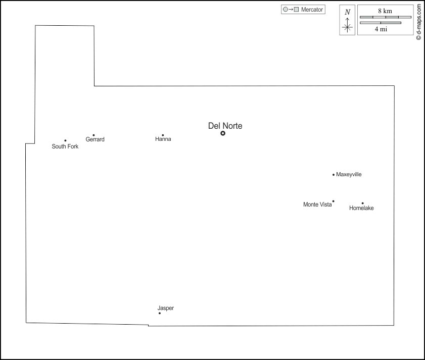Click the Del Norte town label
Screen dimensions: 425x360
[225, 126]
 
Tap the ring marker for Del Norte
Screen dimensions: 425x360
[223, 133]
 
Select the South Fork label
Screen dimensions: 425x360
[65, 146]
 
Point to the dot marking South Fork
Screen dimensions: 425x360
[65, 140]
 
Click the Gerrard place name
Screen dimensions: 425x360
[95, 139]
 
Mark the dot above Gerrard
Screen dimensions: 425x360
[94, 135]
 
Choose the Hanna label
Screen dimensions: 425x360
[163, 139]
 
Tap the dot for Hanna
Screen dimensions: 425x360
[163, 135]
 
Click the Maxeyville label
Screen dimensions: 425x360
[349, 175]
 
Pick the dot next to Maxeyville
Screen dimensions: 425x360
[334, 175]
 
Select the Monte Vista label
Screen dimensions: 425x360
[317, 204]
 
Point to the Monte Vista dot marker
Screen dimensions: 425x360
[334, 201]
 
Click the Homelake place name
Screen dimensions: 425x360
[361, 208]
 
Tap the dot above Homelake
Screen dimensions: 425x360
[363, 203]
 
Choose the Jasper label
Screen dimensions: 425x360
[166, 308]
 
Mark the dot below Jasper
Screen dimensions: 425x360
[160, 313]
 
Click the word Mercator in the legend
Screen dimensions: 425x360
[312, 10]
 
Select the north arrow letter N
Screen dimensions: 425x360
[348, 12]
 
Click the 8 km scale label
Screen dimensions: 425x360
[385, 11]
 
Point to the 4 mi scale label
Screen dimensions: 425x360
[381, 29]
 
